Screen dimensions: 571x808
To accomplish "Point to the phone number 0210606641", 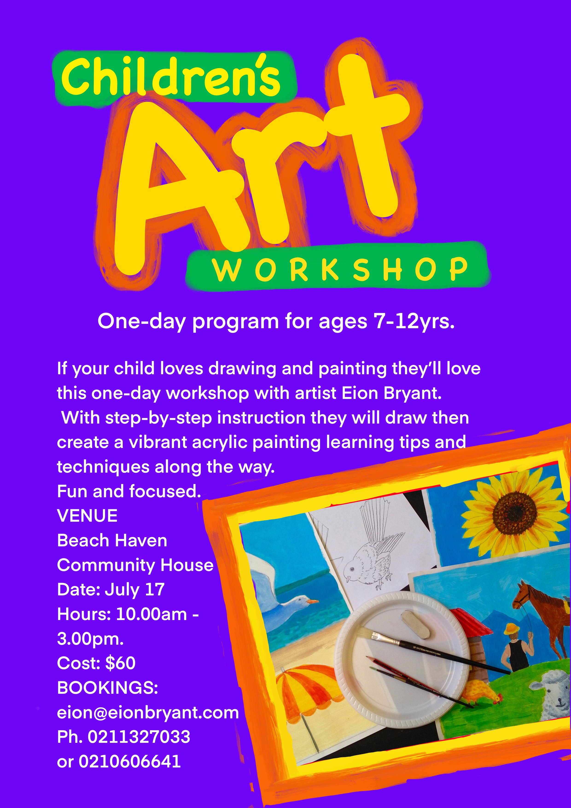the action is pos(129,761).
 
